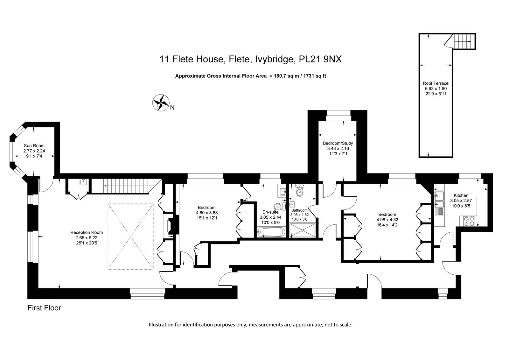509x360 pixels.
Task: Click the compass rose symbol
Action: click(161, 102)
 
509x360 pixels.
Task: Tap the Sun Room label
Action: click(34, 145)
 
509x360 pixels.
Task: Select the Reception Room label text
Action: click(87, 232)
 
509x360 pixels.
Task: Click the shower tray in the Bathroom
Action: click(303, 230)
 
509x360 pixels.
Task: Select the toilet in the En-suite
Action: click(280, 207)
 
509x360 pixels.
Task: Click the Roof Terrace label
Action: click(436, 83)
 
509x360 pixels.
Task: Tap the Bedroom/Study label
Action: click(338, 143)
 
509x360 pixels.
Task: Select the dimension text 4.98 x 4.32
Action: click(387, 220)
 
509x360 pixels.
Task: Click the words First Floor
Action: click(44, 308)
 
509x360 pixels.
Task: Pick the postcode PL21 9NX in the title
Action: click(320, 59)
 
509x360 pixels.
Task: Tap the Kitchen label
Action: click(461, 195)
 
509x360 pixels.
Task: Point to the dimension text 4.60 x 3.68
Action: click(207, 213)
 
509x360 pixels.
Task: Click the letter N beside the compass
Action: click(172, 107)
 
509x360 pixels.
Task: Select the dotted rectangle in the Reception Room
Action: click(131, 236)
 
